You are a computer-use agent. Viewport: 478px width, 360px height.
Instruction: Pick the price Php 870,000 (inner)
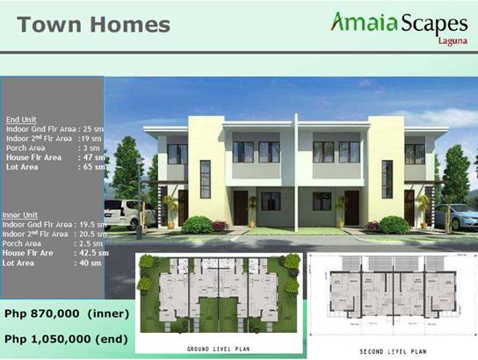click(67, 313)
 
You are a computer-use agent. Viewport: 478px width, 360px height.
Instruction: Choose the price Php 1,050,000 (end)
click(67, 338)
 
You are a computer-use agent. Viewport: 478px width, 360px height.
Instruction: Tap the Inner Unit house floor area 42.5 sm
click(91, 253)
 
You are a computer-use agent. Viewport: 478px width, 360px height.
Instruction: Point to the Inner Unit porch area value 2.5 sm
click(89, 243)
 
